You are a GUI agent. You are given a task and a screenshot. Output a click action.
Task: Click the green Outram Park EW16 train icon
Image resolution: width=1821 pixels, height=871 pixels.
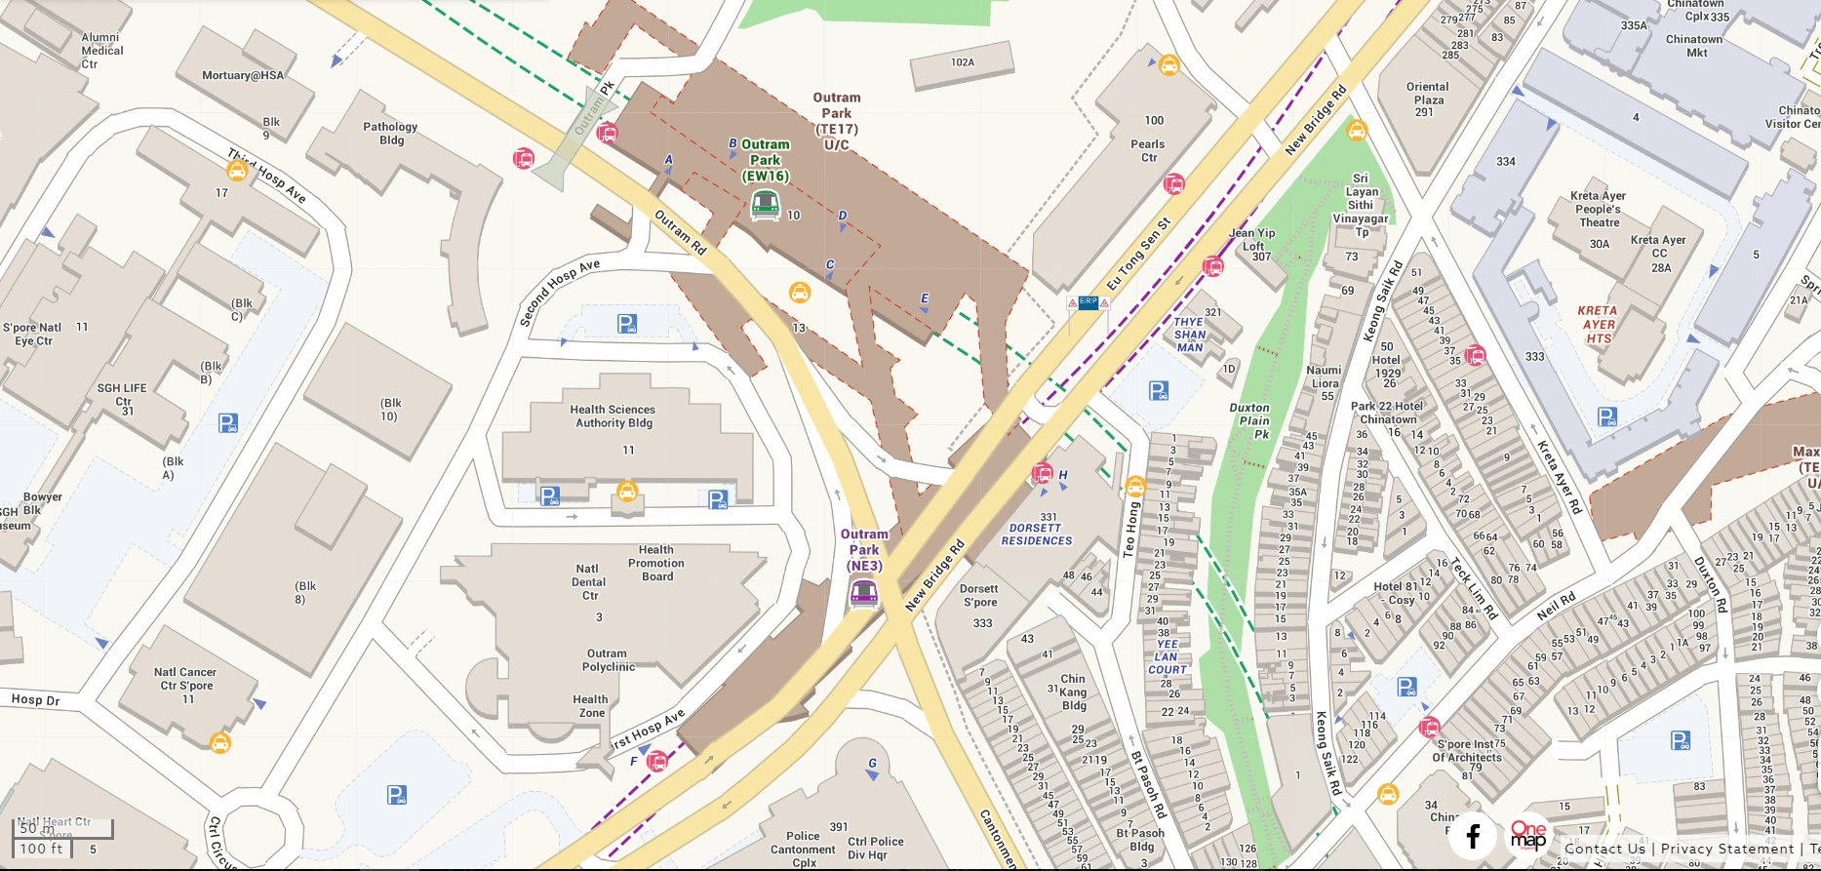pos(765,205)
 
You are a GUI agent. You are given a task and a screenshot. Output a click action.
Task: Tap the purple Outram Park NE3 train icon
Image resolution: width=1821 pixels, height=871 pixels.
pos(863,592)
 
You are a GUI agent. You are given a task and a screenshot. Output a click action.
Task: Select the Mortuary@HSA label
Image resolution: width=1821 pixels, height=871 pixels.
pos(243,75)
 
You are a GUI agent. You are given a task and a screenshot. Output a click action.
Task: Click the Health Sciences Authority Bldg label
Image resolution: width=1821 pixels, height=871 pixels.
pos(613,416)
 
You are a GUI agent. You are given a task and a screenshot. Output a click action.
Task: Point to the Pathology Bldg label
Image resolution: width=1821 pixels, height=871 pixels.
pos(390,134)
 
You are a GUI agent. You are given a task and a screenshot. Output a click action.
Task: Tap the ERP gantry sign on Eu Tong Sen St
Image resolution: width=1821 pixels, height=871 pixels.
pos(1088,303)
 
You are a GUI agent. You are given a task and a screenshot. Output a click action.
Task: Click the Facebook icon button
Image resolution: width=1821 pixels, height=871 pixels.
pos(1473,836)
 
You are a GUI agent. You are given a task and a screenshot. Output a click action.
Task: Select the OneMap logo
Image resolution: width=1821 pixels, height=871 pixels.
pos(1527,836)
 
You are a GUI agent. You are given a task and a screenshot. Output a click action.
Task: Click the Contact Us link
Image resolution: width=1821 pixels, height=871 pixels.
pos(1604,849)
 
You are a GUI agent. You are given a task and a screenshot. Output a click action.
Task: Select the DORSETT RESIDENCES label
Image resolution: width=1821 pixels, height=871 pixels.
pos(1036,534)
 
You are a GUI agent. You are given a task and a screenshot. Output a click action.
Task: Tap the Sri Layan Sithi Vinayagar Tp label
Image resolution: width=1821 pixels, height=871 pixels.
pos(1361,205)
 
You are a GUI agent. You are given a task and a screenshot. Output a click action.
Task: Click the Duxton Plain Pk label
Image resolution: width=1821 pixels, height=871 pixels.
pos(1249,421)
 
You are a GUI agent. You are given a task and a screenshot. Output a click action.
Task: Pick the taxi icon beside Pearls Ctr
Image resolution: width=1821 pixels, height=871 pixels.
pos(1168,65)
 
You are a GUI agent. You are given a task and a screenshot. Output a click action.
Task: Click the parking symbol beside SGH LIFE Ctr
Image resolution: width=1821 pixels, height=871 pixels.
pos(228,423)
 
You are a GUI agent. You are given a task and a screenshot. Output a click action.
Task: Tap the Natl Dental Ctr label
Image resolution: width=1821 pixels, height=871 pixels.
pos(588,582)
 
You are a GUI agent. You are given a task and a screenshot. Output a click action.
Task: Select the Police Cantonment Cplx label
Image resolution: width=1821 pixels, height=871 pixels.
pos(803,850)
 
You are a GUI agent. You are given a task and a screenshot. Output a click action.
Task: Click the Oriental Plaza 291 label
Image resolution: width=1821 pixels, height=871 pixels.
pos(1427,99)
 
